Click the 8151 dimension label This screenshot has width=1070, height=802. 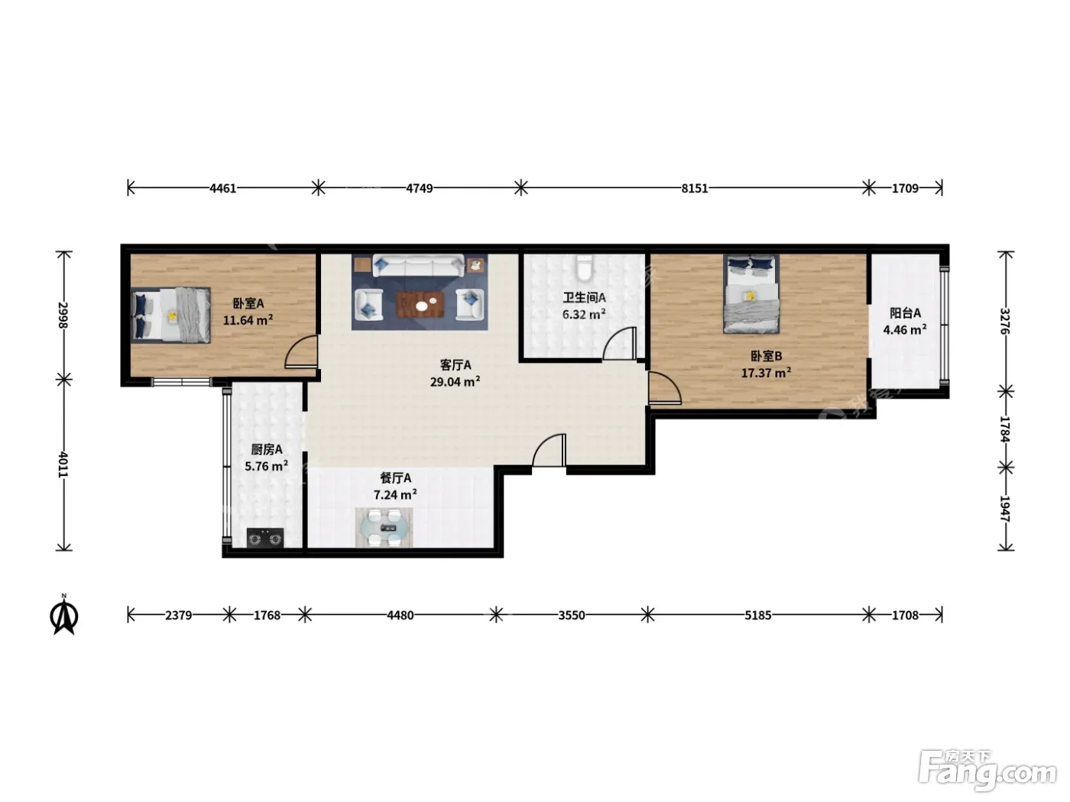point(694,188)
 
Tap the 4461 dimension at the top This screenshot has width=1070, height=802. point(222,188)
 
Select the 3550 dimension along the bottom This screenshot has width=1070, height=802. point(572,615)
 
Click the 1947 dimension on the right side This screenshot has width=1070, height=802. point(1006,509)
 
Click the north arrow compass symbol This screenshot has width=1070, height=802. point(64,615)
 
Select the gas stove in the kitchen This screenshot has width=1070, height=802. point(264,538)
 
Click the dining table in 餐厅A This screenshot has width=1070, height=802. point(384,527)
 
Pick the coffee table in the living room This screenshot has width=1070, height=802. point(420,304)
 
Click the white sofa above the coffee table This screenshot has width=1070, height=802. point(418,266)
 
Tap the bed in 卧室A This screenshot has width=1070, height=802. point(170,315)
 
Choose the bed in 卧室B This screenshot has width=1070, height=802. point(751,294)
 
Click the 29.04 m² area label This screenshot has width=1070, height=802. point(455,381)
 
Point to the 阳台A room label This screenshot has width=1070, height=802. point(905,313)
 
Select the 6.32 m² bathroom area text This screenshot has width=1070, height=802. point(584,314)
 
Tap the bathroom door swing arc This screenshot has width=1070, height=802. point(619,343)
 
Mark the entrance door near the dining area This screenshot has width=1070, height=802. point(549,451)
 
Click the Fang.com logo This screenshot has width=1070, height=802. point(987,770)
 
